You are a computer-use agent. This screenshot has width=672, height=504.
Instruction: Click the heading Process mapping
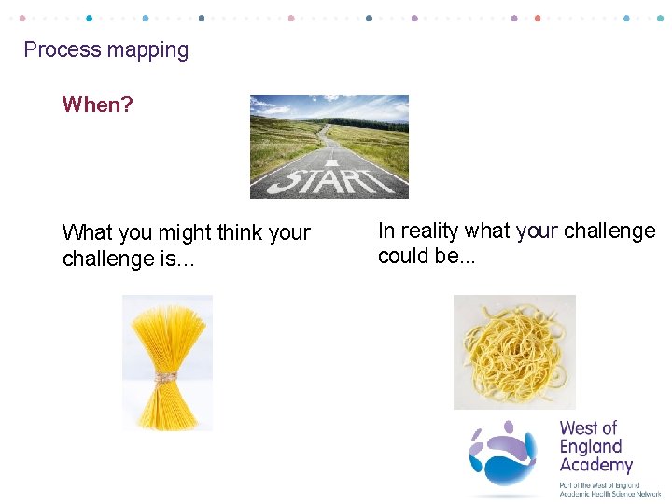[x=105, y=49]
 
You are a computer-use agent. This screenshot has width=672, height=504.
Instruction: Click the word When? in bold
[x=97, y=105]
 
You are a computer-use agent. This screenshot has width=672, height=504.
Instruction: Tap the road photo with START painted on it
[x=329, y=147]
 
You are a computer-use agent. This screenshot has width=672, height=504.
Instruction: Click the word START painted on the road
[x=330, y=178]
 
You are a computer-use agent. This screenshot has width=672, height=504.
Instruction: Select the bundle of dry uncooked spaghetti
[x=167, y=362]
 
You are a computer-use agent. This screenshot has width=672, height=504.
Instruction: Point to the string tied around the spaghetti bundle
[x=167, y=377]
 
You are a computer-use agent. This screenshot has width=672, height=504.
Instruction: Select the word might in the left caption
[x=187, y=232]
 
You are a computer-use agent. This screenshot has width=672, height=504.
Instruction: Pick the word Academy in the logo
[x=595, y=465]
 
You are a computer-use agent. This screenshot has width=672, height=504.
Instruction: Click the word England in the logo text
[x=590, y=446]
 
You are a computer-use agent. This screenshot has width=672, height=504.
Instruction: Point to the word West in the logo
[x=577, y=428]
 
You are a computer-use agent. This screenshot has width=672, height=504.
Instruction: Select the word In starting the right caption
[x=385, y=231]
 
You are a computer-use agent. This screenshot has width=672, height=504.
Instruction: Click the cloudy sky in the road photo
[x=329, y=105]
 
